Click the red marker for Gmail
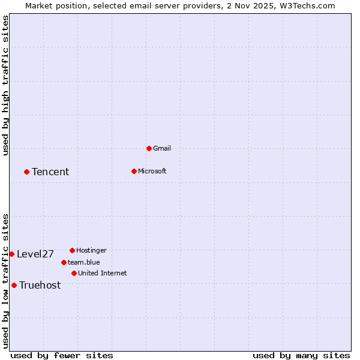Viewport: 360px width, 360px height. tap(149, 148)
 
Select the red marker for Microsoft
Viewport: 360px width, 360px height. tap(134, 171)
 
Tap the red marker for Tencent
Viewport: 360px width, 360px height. tap(26, 172)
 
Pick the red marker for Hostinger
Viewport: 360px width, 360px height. tap(72, 250)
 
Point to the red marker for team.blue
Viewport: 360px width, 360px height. tap(64, 262)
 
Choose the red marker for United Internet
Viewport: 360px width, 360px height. tap(74, 273)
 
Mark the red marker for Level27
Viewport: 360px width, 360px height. tap(11, 254)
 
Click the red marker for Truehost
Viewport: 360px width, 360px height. tap(14, 285)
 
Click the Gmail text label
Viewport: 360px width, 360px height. tap(162, 148)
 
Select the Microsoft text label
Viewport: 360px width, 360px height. tap(152, 171)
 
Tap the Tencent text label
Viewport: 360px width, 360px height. tap(50, 172)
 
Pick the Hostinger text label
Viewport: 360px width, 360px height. tap(91, 250)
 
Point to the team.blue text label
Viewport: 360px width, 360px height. tap(84, 262)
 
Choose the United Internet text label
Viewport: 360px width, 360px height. tap(103, 273)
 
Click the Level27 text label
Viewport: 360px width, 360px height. tap(35, 254)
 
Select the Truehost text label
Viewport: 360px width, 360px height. tap(40, 285)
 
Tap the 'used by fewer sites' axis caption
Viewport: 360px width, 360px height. tap(62, 355)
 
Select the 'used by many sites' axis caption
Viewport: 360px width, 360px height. tap(301, 355)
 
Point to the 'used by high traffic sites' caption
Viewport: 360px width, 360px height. tap(5, 85)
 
